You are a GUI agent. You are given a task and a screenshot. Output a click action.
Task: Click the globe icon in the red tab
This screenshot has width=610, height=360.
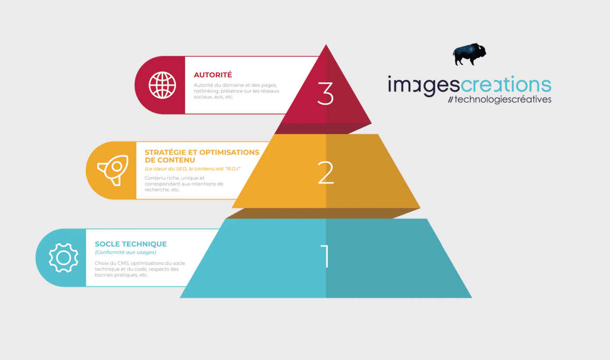pyautogui.click(x=162, y=85)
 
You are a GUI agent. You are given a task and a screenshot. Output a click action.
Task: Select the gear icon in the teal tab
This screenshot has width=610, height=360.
pyautogui.click(x=64, y=258)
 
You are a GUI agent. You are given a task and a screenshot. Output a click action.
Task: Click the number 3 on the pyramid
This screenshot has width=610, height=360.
pyautogui.click(x=325, y=94)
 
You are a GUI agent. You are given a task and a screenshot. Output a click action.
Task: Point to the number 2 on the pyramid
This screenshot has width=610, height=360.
pyautogui.click(x=326, y=172)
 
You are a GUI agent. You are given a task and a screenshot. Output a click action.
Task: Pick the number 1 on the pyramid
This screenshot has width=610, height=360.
pyautogui.click(x=325, y=256)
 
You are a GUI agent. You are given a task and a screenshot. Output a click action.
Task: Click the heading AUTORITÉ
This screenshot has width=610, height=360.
pyautogui.click(x=212, y=75)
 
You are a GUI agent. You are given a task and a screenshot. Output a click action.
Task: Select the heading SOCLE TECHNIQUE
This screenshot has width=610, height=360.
pyautogui.click(x=131, y=244)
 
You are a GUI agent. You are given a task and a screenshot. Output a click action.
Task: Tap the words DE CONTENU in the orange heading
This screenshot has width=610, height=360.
pyautogui.click(x=170, y=160)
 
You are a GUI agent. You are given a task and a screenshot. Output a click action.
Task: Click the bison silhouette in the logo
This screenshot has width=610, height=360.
pyautogui.click(x=469, y=54)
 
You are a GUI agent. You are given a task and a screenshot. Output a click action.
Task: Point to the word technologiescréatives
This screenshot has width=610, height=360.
pyautogui.click(x=503, y=99)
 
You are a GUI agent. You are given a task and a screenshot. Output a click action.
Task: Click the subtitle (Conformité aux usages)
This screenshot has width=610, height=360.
pyautogui.click(x=126, y=252)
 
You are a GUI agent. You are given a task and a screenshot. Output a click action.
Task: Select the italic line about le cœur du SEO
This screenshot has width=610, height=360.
pyautogui.click(x=193, y=169)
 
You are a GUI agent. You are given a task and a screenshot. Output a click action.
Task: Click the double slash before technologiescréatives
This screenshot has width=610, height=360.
pyautogui.click(x=450, y=100)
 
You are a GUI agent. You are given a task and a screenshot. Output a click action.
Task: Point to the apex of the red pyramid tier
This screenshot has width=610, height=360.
pyautogui.click(x=326, y=44)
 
